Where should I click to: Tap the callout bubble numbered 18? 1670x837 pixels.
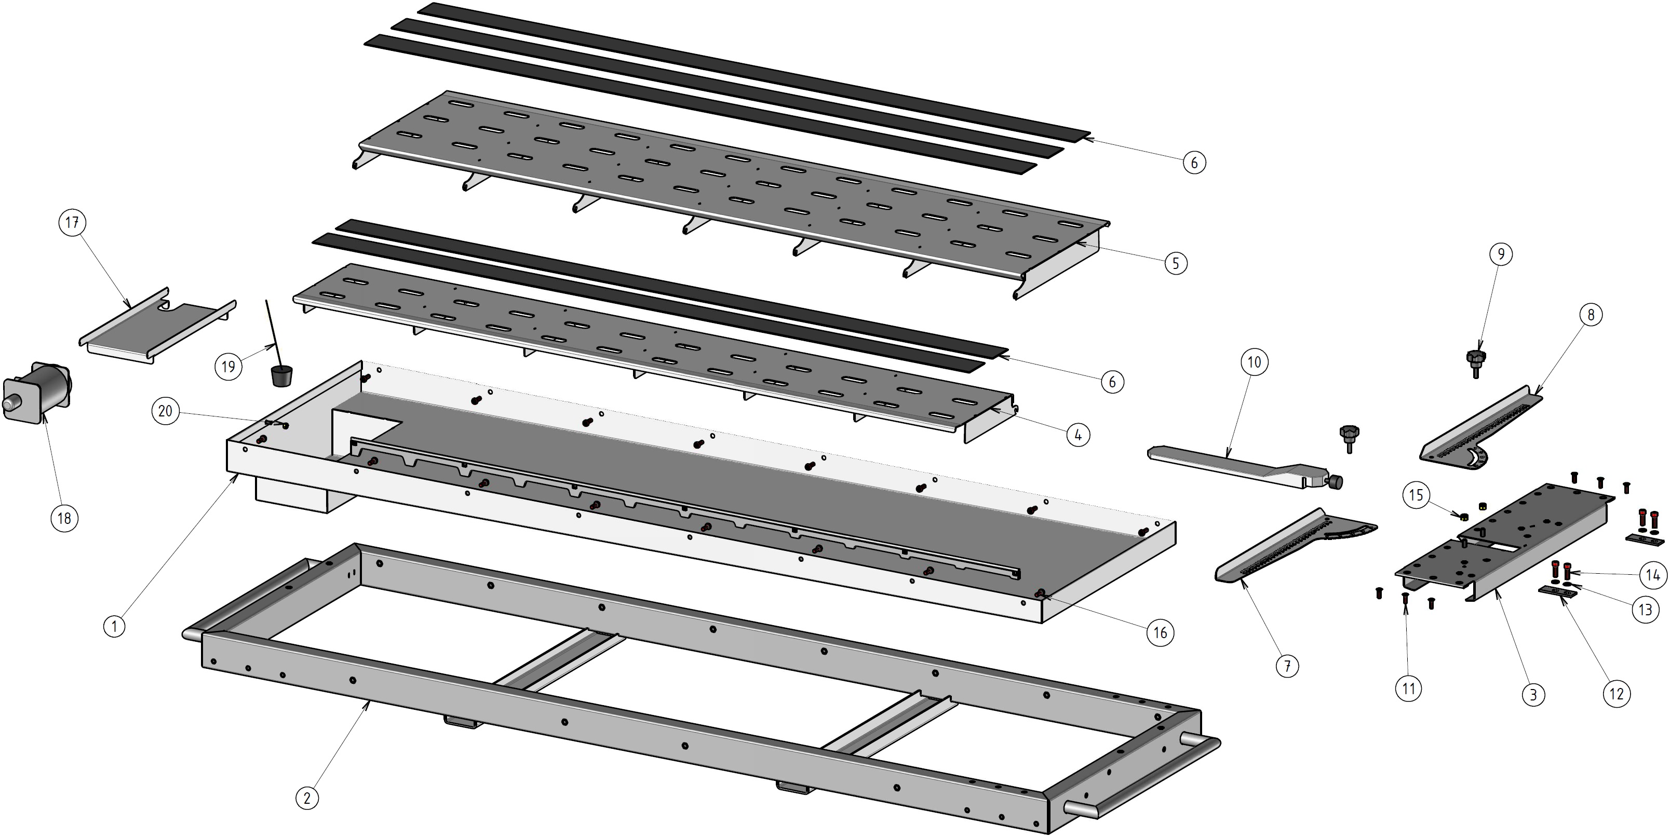pos(63,518)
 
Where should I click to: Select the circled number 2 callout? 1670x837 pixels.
pos(307,797)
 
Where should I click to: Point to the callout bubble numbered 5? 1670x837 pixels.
pos(1175,263)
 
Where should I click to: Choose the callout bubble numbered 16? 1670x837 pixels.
pos(1160,632)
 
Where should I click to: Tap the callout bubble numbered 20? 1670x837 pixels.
pos(165,411)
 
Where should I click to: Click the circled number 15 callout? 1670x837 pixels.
pos(1416,495)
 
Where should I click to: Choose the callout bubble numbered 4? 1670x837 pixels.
pos(1078,435)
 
